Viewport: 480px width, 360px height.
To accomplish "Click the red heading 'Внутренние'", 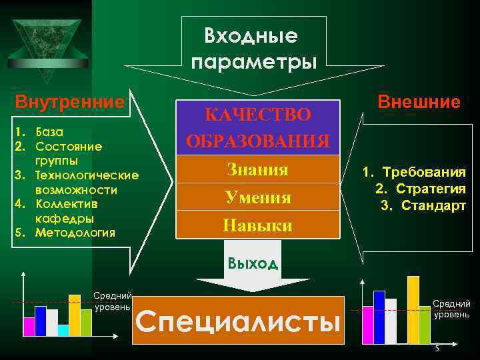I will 70,103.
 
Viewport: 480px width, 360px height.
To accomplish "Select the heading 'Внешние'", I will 419,102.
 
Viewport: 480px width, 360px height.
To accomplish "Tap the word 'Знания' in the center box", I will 257,170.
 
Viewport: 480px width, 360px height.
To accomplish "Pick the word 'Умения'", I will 257,198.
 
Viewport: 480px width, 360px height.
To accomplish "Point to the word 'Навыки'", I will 257,225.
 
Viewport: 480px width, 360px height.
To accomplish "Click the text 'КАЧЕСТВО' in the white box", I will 257,115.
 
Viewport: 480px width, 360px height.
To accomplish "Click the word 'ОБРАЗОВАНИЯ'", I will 257,141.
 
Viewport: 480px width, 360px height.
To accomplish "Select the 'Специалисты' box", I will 238,321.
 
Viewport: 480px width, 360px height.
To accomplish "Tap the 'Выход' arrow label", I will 252,262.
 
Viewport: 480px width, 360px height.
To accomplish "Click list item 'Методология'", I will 75,233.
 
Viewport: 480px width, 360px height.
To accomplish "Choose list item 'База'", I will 51,131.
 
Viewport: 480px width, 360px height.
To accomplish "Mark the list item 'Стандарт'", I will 431,206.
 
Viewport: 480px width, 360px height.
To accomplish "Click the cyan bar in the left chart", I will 63,329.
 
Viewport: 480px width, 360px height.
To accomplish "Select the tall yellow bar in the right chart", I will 413,309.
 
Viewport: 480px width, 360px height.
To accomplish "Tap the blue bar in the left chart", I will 41,321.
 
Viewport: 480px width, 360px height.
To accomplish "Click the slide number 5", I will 437,351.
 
